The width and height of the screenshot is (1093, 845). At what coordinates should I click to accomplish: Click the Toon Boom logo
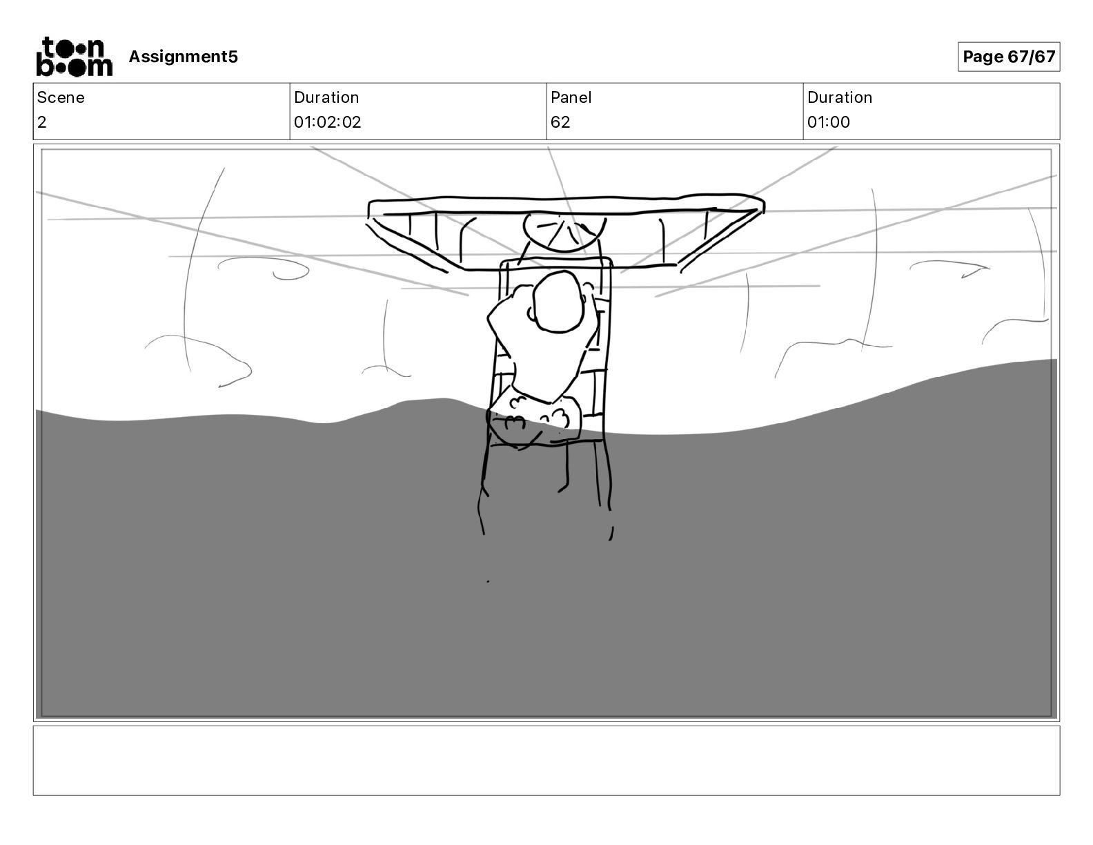(x=74, y=57)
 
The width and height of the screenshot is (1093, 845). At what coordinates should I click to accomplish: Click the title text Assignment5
(x=183, y=57)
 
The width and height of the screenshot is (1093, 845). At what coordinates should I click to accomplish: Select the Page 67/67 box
(x=1008, y=57)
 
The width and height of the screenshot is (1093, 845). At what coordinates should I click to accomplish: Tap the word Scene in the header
(x=61, y=97)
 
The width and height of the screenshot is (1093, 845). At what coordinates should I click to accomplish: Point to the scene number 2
(x=42, y=122)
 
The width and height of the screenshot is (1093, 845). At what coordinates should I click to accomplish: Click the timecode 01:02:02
(x=327, y=122)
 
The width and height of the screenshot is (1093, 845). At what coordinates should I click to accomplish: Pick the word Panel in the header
(x=571, y=97)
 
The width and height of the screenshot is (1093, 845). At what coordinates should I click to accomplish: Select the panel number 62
(x=560, y=122)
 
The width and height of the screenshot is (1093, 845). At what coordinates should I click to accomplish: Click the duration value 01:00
(x=828, y=122)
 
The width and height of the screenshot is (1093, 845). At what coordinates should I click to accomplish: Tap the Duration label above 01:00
(x=839, y=97)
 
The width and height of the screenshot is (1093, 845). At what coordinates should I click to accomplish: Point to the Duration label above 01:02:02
(x=326, y=97)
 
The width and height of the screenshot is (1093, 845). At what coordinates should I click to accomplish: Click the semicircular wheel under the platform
(x=564, y=231)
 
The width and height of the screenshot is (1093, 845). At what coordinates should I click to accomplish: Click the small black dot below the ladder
(x=488, y=581)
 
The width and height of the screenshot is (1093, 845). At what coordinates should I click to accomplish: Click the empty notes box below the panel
(x=546, y=760)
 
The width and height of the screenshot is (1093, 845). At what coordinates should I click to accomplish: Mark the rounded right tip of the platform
(x=759, y=204)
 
